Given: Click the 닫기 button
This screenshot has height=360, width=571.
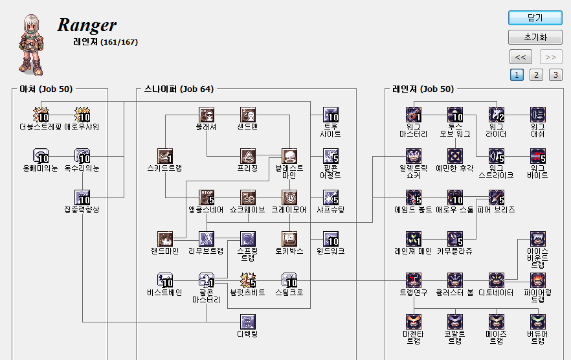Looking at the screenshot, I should pyautogui.click(x=535, y=17).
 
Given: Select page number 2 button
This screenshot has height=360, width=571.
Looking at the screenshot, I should pyautogui.click(x=536, y=74).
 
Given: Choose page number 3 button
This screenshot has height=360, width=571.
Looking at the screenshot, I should pyautogui.click(x=555, y=74).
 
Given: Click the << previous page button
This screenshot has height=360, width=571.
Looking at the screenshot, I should pyautogui.click(x=521, y=56).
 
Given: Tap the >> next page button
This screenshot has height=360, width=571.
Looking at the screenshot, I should pyautogui.click(x=551, y=56).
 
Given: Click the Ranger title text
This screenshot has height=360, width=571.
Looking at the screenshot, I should pyautogui.click(x=87, y=25).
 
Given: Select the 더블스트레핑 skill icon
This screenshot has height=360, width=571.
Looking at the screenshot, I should pyautogui.click(x=41, y=115).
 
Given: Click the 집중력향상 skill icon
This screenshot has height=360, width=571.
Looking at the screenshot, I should pyautogui.click(x=82, y=197).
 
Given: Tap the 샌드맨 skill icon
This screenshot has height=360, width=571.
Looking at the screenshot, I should pyautogui.click(x=248, y=115).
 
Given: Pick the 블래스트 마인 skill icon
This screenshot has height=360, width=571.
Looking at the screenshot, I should pyautogui.click(x=289, y=156).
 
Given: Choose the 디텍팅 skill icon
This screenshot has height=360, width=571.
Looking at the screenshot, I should pyautogui.click(x=248, y=321).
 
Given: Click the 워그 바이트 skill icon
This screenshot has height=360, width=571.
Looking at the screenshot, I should pyautogui.click(x=537, y=156).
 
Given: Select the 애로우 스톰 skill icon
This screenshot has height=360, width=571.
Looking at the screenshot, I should pyautogui.click(x=454, y=197).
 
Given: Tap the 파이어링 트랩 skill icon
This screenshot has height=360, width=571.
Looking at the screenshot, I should pyautogui.click(x=537, y=280).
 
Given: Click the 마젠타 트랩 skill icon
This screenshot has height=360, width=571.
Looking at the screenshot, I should pyautogui.click(x=413, y=321).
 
